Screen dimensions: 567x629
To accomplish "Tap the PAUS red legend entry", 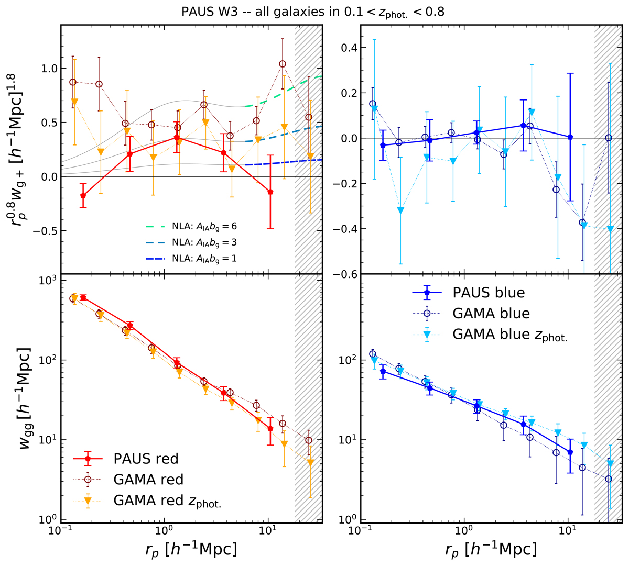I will coord(146,459).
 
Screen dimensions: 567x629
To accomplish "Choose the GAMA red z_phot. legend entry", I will coord(167,501).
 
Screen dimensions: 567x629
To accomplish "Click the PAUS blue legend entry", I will coord(489,293).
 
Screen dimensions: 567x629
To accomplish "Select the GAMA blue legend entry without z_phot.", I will coord(491,313).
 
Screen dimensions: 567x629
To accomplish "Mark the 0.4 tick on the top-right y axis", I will coord(348,48).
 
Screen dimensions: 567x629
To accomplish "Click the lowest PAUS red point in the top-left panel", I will coord(83,196).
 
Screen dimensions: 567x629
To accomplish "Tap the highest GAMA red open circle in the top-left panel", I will coord(283,64).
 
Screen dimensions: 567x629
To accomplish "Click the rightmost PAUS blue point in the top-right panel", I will coord(570,137).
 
